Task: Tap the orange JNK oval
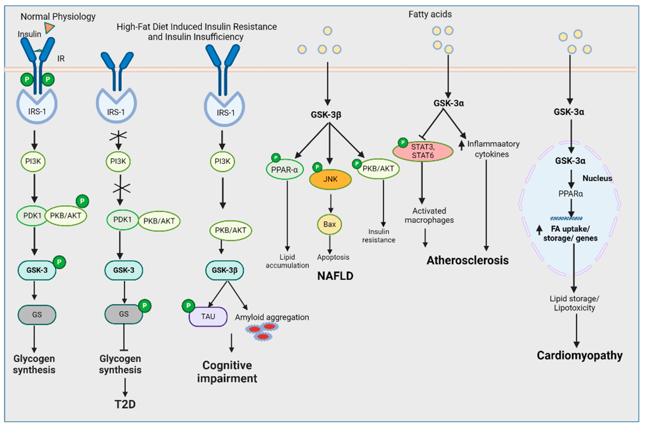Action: coord(330,179)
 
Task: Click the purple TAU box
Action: coord(208,316)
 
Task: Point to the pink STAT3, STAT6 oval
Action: coord(423,151)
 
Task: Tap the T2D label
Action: coord(125,404)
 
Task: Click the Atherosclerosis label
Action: coord(468,260)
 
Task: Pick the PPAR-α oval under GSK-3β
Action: coord(284,170)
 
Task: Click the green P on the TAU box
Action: coord(188,306)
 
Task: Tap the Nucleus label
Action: coord(597,178)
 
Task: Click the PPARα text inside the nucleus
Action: coord(571,194)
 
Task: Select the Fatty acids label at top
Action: coord(430,14)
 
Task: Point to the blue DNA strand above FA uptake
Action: coord(566,218)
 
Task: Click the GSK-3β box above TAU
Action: coord(225,270)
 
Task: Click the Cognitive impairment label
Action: coord(227,372)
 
